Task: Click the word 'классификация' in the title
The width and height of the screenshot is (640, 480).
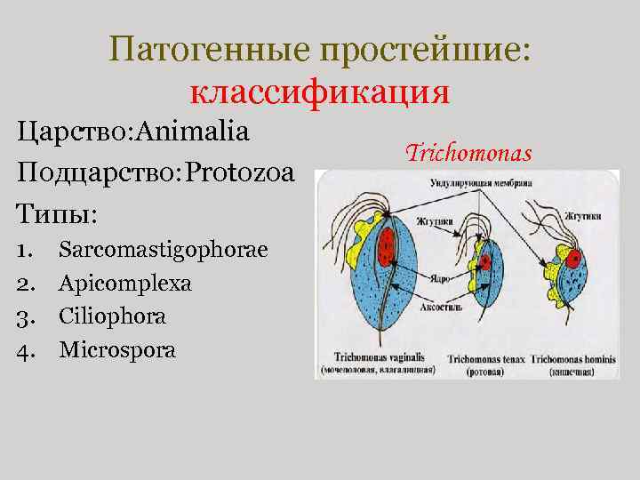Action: [320, 92]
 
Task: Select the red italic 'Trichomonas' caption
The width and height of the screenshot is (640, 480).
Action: [468, 154]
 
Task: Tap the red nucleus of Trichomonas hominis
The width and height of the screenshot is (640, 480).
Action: [573, 259]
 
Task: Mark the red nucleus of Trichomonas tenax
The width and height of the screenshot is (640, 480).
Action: [485, 261]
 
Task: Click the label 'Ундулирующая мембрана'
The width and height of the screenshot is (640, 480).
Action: [481, 183]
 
